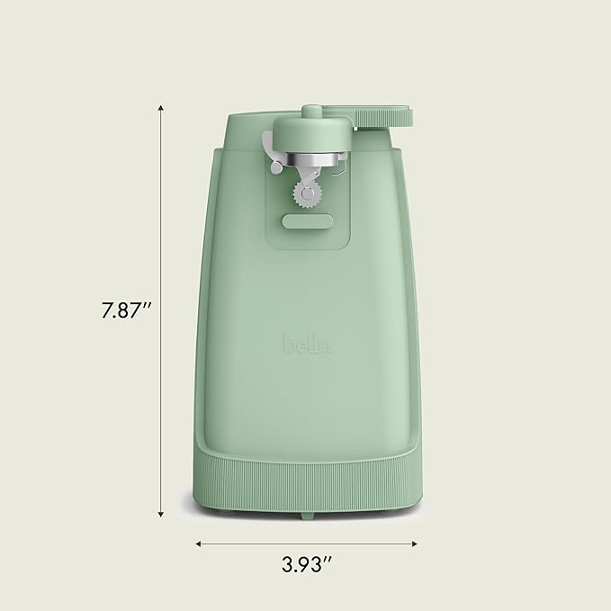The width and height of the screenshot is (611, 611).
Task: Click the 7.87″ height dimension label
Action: click(x=126, y=311)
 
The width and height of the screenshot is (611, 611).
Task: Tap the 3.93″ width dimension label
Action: click(x=306, y=566)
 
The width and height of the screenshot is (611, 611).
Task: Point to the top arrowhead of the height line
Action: click(x=160, y=108)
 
